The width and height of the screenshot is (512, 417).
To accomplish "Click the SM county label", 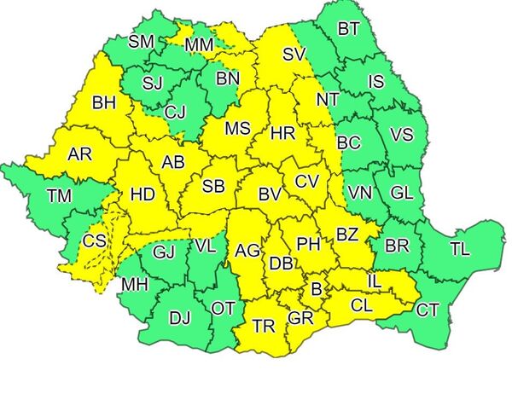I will click(x=142, y=41).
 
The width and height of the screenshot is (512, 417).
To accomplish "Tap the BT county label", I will click(x=348, y=29).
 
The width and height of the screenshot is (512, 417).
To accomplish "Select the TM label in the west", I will click(x=59, y=196).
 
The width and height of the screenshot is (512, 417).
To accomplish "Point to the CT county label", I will click(x=427, y=310).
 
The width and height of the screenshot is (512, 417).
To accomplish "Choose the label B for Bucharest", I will click(x=316, y=290).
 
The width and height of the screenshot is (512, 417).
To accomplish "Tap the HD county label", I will click(x=143, y=194).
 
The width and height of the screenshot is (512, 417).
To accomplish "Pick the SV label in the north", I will click(x=294, y=55).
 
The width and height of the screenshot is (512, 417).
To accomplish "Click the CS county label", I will click(x=94, y=241).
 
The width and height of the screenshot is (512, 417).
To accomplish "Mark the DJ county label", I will click(x=179, y=318).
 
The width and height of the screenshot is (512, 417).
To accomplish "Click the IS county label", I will click(x=376, y=82).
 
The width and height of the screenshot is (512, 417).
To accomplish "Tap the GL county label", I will click(x=401, y=192).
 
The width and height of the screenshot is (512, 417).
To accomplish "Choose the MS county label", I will click(x=237, y=129).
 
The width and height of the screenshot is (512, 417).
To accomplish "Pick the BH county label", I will click(x=104, y=104).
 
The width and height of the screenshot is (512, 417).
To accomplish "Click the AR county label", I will click(x=79, y=154).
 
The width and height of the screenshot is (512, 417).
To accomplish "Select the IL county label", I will click(x=373, y=280).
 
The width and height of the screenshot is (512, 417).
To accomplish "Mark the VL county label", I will click(x=205, y=246).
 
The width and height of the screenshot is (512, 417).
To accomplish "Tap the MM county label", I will click(x=199, y=43).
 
